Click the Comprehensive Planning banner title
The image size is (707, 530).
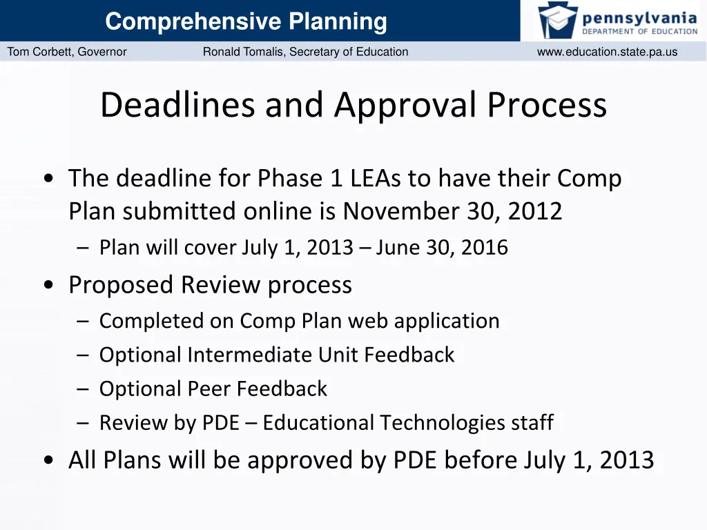[x=246, y=21]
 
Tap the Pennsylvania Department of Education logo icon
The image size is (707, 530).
[x=558, y=20]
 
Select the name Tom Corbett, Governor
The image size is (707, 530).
[x=67, y=52]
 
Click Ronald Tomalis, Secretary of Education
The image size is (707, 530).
[x=305, y=52]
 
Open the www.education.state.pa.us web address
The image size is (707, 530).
[x=607, y=52]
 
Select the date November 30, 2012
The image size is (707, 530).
[x=452, y=211]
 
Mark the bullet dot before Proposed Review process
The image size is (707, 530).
[x=49, y=286]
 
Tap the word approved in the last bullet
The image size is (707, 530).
[x=313, y=460]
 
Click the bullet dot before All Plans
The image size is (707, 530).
[x=49, y=461]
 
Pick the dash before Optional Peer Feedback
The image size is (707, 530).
[x=84, y=389]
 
